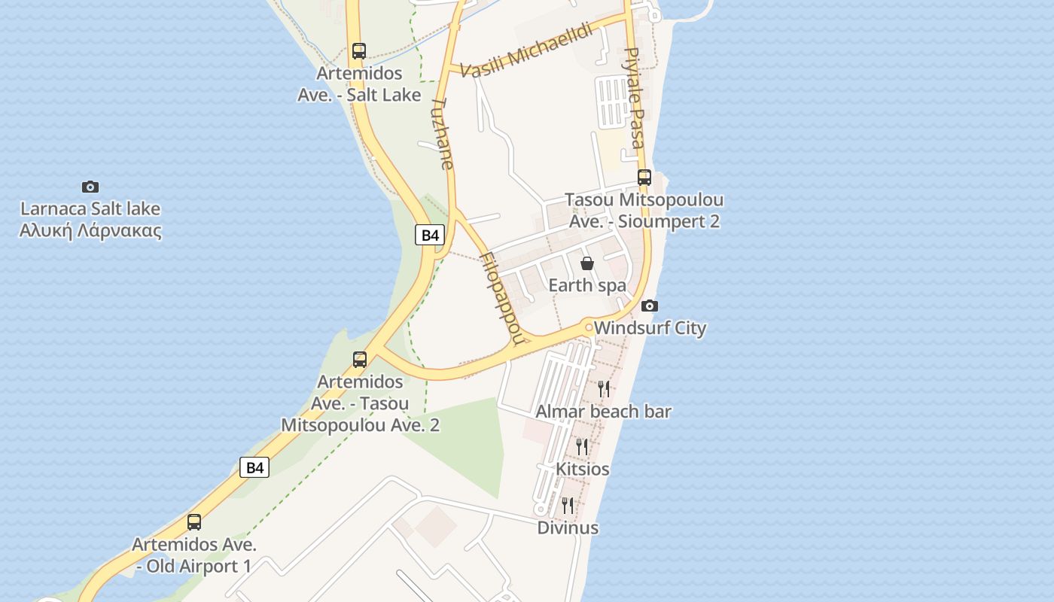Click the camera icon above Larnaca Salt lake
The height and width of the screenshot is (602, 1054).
90,187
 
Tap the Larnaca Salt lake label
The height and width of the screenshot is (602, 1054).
90,219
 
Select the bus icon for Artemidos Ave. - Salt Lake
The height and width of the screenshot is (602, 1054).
359,51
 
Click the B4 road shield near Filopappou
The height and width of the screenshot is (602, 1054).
430,235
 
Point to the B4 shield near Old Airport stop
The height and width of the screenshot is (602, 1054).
255,467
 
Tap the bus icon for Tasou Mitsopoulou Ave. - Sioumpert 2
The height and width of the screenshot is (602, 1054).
644,178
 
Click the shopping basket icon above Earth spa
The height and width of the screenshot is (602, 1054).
587,263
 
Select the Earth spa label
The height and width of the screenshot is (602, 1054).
587,285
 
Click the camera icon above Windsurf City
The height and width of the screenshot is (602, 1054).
650,306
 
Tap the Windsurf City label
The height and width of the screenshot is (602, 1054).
650,328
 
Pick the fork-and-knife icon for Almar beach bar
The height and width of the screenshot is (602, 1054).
604,388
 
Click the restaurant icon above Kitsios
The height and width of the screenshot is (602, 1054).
582,446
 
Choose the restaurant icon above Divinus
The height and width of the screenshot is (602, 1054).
568,505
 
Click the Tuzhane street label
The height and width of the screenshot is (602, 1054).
443,133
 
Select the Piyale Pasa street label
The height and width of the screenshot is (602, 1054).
635,98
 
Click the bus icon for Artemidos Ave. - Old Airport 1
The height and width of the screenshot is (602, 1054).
194,521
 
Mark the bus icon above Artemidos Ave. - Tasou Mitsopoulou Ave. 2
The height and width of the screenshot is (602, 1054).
360,359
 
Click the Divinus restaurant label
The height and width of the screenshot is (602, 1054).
568,528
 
